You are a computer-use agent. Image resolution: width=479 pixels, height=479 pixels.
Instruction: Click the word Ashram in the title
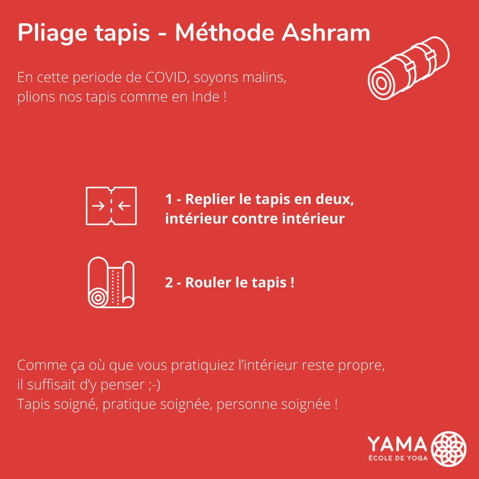(326, 32)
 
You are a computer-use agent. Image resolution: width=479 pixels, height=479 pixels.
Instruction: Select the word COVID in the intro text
(166, 77)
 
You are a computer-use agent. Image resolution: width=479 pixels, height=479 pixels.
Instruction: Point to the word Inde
(206, 97)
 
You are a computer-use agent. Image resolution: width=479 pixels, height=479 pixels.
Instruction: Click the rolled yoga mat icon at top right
(408, 68)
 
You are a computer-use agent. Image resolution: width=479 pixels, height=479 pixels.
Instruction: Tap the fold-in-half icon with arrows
(111, 206)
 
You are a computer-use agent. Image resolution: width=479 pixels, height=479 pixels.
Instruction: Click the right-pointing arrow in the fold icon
(98, 206)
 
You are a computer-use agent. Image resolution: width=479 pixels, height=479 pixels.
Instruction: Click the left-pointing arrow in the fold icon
(124, 206)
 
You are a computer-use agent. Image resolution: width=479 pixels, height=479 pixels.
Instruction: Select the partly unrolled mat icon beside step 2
(111, 282)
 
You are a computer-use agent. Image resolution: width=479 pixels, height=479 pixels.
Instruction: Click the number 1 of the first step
(169, 200)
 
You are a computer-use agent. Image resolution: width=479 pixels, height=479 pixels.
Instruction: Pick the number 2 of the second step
(169, 283)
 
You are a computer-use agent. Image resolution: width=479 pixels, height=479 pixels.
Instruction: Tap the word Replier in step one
(210, 200)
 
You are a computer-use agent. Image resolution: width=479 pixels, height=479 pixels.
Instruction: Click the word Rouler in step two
(208, 283)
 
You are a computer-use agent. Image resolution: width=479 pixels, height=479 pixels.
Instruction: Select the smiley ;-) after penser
(155, 385)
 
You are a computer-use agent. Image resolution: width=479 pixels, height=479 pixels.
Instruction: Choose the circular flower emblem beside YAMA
(448, 449)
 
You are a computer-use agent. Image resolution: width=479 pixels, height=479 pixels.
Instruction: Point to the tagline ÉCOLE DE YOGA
(398, 458)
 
